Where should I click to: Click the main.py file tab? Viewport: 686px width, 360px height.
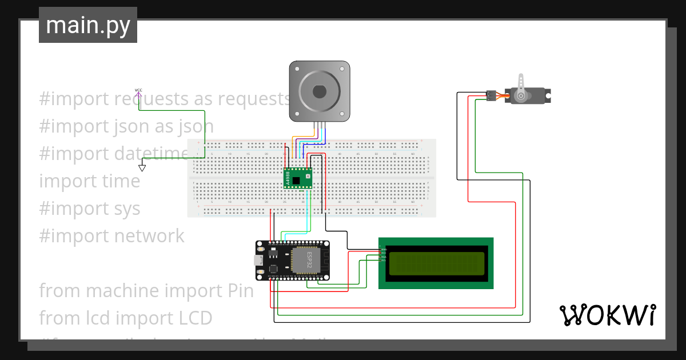point(88,25)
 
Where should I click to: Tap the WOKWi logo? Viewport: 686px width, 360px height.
point(607,315)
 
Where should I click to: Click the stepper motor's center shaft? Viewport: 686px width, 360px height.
point(319,91)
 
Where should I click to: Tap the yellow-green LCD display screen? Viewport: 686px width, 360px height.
point(436,263)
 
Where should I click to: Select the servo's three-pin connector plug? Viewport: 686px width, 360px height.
point(490,95)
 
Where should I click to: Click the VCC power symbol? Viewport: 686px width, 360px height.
point(138,90)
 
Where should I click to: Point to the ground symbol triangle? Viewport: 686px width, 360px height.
point(142,168)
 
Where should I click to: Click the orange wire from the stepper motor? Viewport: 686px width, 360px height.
point(294,143)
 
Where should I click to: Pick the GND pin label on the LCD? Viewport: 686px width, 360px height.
point(384,249)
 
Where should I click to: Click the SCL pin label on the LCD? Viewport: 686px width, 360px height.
point(384,260)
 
